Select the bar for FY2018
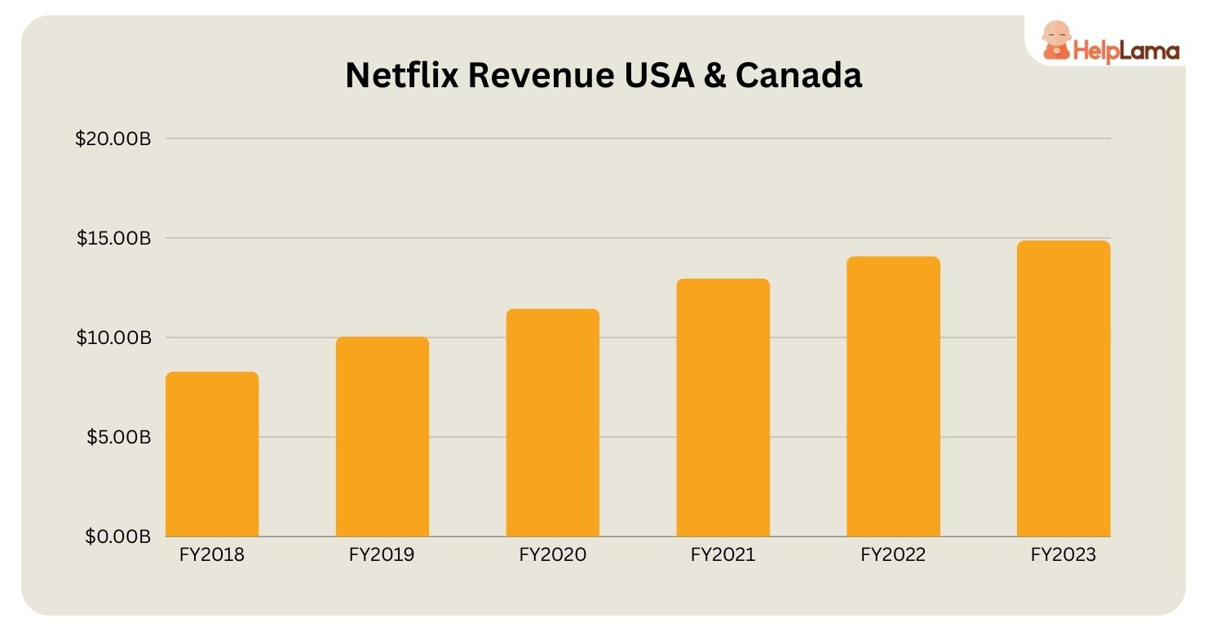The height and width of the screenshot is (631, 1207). point(212,454)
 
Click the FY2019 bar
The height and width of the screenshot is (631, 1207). point(382,436)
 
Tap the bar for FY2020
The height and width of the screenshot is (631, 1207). point(553,422)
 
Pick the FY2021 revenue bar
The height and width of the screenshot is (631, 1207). point(723,408)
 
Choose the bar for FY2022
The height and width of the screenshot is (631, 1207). point(893,396)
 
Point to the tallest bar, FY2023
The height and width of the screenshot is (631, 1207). point(1063,388)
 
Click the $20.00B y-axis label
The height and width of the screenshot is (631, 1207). point(113,139)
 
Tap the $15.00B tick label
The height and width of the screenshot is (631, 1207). point(114,239)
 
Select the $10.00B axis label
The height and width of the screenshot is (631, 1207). point(114,338)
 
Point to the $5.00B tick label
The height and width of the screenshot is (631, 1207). point(117,438)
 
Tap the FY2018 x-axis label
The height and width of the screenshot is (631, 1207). point(212,556)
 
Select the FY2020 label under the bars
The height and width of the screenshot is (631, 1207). point(553,556)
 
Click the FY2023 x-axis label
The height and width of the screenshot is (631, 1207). point(1063,556)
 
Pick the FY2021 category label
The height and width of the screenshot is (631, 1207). point(723,556)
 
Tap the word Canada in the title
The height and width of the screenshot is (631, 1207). point(798,76)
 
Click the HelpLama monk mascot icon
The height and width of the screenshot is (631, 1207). point(1055,41)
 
